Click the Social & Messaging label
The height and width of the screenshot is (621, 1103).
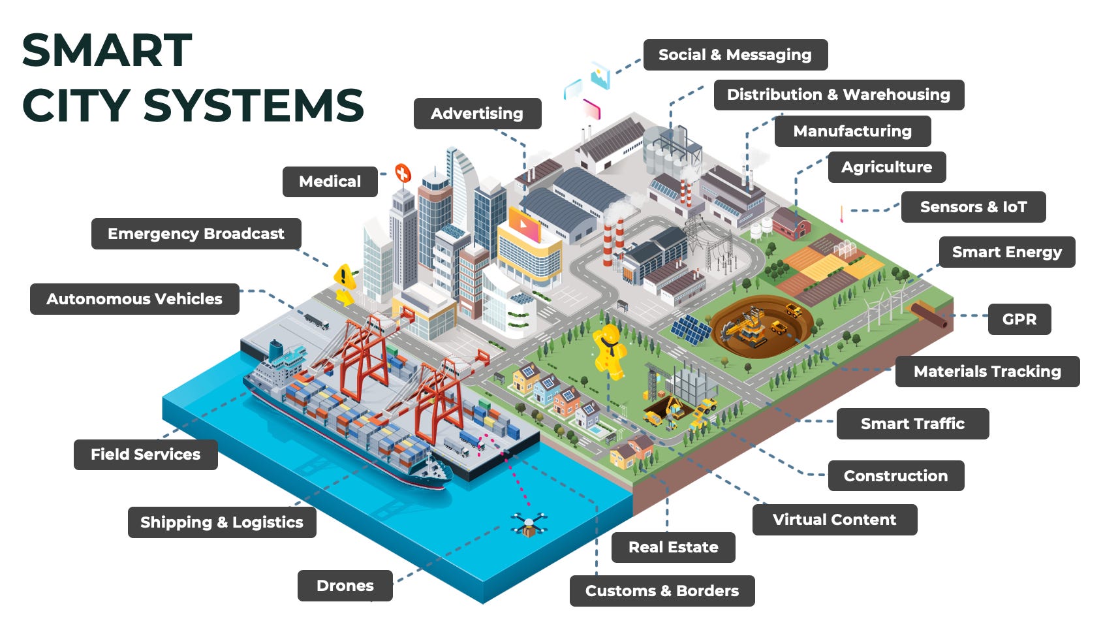(735, 55)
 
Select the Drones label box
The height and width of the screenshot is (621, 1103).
(345, 586)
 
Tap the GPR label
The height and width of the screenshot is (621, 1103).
(1019, 319)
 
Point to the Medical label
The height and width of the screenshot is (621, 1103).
(330, 182)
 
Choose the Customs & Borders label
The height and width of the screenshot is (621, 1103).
(662, 591)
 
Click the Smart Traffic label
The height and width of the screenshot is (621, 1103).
(912, 424)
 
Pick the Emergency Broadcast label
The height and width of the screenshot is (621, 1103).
(196, 234)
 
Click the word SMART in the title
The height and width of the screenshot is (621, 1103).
(107, 51)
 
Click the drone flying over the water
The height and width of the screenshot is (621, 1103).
(529, 524)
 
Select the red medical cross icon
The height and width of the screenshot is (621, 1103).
(403, 173)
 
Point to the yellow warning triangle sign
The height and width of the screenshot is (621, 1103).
(344, 277)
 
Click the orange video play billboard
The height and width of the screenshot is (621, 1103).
(524, 224)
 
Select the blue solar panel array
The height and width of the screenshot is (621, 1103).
(691, 328)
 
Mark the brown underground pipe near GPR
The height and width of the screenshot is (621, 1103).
(929, 315)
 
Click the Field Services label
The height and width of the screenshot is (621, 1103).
(145, 454)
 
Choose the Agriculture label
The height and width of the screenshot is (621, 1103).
(886, 167)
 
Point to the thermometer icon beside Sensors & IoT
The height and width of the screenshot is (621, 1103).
(842, 214)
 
